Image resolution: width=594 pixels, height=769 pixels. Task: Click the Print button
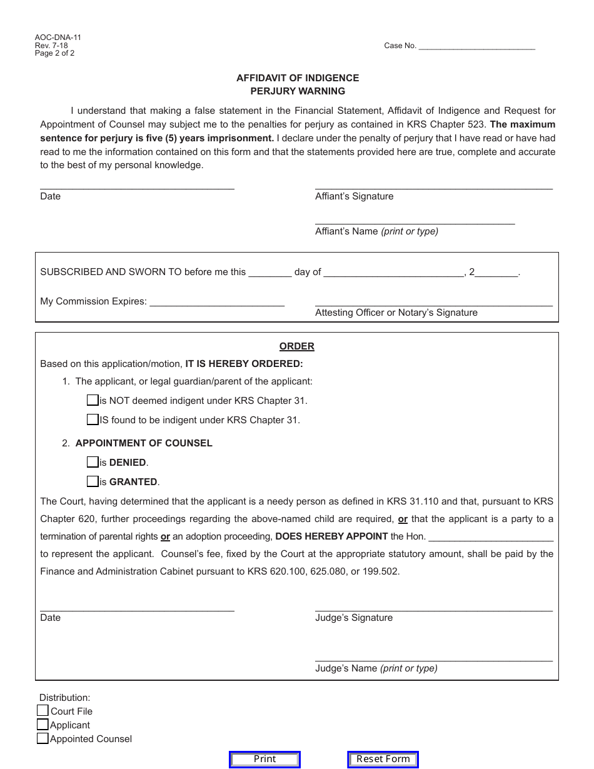264,759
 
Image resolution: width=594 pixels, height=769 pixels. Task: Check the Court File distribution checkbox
43,710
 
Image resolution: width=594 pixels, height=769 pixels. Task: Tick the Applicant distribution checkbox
43,725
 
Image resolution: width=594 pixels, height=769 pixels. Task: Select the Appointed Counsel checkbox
43,738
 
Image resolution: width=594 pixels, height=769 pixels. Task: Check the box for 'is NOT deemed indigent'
93,400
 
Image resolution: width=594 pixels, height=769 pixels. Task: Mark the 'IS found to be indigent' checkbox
93,420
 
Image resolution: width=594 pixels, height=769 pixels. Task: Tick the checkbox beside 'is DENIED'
93,462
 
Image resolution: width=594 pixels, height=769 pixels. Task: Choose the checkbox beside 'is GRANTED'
93,481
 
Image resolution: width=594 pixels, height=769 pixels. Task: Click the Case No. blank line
476,45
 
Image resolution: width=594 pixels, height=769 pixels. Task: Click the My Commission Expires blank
217,301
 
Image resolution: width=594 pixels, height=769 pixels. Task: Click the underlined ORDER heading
296,346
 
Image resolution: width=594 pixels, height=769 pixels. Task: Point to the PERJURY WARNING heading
298,91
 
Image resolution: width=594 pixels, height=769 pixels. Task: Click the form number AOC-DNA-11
58,38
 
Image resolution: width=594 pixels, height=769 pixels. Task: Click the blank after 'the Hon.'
491,536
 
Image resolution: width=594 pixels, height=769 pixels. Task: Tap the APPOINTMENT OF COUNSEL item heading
144,443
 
